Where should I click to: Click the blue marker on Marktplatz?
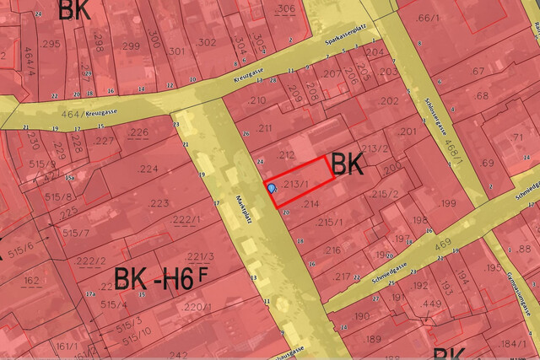[272, 189]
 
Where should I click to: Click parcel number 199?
[446, 203]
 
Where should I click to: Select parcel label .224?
[148, 169]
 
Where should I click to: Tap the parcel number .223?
[159, 202]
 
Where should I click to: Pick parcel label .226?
[138, 132]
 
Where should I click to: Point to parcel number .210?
[257, 101]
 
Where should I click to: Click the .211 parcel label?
[266, 128]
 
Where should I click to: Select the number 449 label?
[432, 304]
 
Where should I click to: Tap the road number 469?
[442, 245]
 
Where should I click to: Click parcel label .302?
[206, 41]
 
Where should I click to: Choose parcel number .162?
[31, 280]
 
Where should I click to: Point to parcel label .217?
[342, 277]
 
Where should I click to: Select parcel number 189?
[372, 339]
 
